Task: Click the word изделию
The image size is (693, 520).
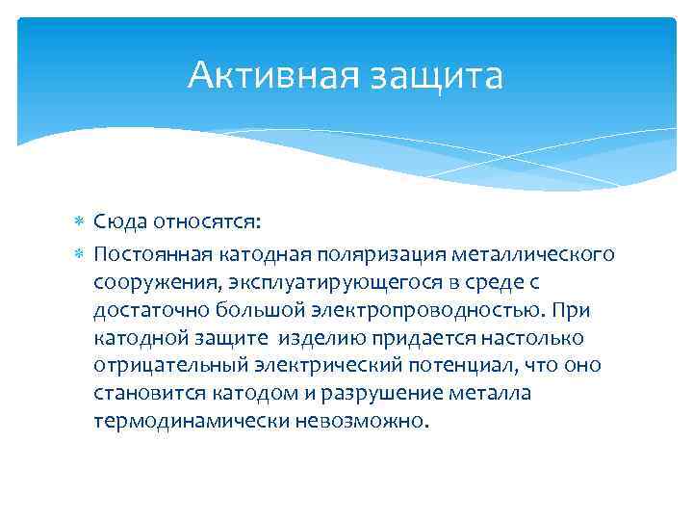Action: pos(322,338)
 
